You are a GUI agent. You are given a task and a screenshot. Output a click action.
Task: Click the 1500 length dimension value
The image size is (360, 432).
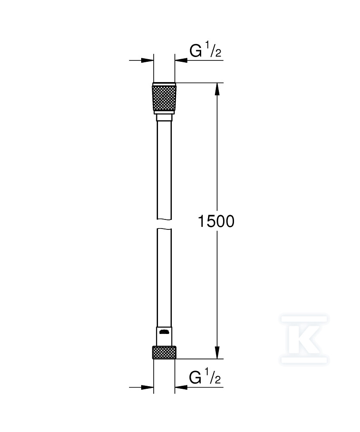216,222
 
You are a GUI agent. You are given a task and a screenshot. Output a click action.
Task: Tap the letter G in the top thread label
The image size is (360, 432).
196,51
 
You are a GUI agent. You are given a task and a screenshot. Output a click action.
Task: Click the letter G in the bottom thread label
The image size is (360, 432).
196,378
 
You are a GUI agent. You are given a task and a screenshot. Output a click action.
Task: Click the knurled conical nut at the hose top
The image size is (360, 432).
164,98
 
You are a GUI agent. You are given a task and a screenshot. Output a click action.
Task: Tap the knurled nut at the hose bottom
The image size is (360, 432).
164,353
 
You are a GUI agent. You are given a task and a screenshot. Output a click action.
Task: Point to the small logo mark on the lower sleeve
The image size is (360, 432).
164,332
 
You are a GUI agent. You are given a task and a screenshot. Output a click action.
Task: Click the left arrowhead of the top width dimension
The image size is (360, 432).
148,60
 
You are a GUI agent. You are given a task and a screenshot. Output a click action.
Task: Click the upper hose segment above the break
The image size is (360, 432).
164,168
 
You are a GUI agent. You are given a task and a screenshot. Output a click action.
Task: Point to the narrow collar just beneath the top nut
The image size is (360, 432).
164,118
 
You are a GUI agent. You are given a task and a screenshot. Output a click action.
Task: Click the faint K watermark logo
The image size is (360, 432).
304,339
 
